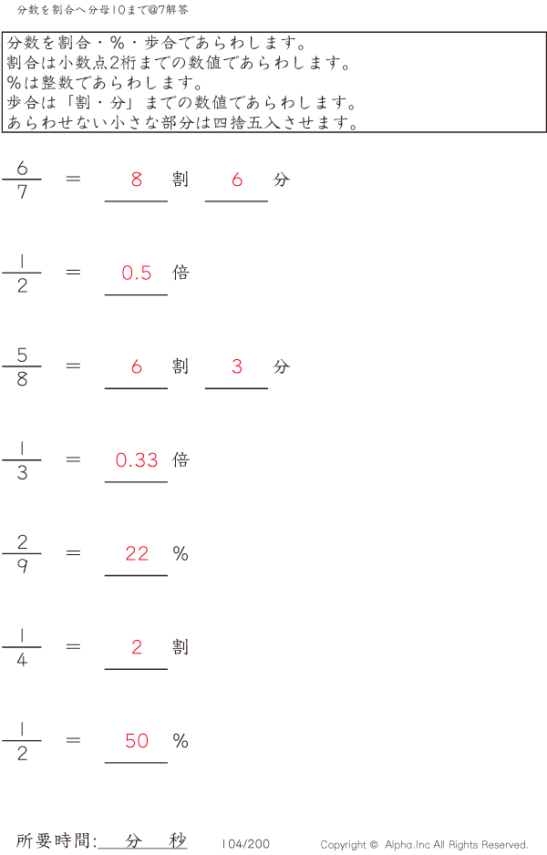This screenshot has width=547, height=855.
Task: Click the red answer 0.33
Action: tap(137, 460)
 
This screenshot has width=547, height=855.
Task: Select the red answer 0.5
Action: tap(137, 273)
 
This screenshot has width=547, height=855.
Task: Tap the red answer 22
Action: tap(137, 553)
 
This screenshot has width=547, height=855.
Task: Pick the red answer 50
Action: tap(137, 741)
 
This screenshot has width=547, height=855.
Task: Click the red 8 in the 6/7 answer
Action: tap(137, 180)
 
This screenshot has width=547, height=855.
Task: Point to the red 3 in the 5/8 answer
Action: tap(237, 366)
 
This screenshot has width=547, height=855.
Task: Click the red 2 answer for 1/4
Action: tap(137, 647)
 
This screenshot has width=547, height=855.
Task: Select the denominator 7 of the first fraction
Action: tap(22, 192)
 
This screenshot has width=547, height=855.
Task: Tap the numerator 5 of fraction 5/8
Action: tap(22, 355)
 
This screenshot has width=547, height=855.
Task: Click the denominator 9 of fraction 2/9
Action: tap(22, 566)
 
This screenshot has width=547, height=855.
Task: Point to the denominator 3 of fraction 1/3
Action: tap(22, 473)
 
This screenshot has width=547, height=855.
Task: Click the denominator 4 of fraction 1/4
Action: tap(22, 660)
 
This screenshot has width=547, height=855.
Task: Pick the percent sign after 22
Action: tap(181, 553)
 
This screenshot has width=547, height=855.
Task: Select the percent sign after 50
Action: tap(181, 741)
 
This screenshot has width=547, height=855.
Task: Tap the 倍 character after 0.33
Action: tap(181, 459)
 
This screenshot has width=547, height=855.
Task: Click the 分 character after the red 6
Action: tap(281, 180)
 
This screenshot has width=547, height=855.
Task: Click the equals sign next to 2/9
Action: tap(73, 553)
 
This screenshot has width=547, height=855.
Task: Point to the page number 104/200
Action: tap(245, 845)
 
